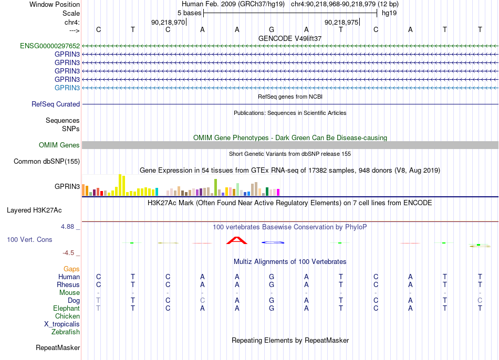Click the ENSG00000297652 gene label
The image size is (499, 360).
pyautogui.click(x=50, y=46)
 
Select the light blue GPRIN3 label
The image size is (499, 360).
pyautogui.click(x=67, y=88)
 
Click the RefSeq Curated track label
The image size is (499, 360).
pyautogui.click(x=56, y=104)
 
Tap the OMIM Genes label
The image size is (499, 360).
pyautogui.click(x=59, y=145)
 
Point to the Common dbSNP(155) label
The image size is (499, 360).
pyautogui.click(x=47, y=161)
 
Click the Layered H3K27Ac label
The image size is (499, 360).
pyautogui.click(x=34, y=210)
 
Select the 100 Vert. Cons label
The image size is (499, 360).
pyautogui.click(x=29, y=239)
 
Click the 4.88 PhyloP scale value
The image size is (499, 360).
pyautogui.click(x=67, y=226)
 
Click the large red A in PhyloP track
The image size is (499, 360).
pyautogui.click(x=236, y=240)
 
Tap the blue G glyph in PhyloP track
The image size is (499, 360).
pyautogui.click(x=273, y=242)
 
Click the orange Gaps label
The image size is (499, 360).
pyautogui.click(x=71, y=269)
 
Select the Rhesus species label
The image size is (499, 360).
pyautogui.click(x=68, y=284)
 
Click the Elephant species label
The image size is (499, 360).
pyautogui.click(x=67, y=308)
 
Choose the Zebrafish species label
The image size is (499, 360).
pyautogui.click(x=66, y=332)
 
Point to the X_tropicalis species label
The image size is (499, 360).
pyautogui.click(x=62, y=324)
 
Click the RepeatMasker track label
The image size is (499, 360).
pyautogui.click(x=58, y=347)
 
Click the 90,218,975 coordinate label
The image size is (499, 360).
pyautogui.click(x=341, y=22)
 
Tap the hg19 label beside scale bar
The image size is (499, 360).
pyautogui.click(x=389, y=13)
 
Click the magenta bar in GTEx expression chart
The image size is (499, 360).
pyautogui.click(x=278, y=193)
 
